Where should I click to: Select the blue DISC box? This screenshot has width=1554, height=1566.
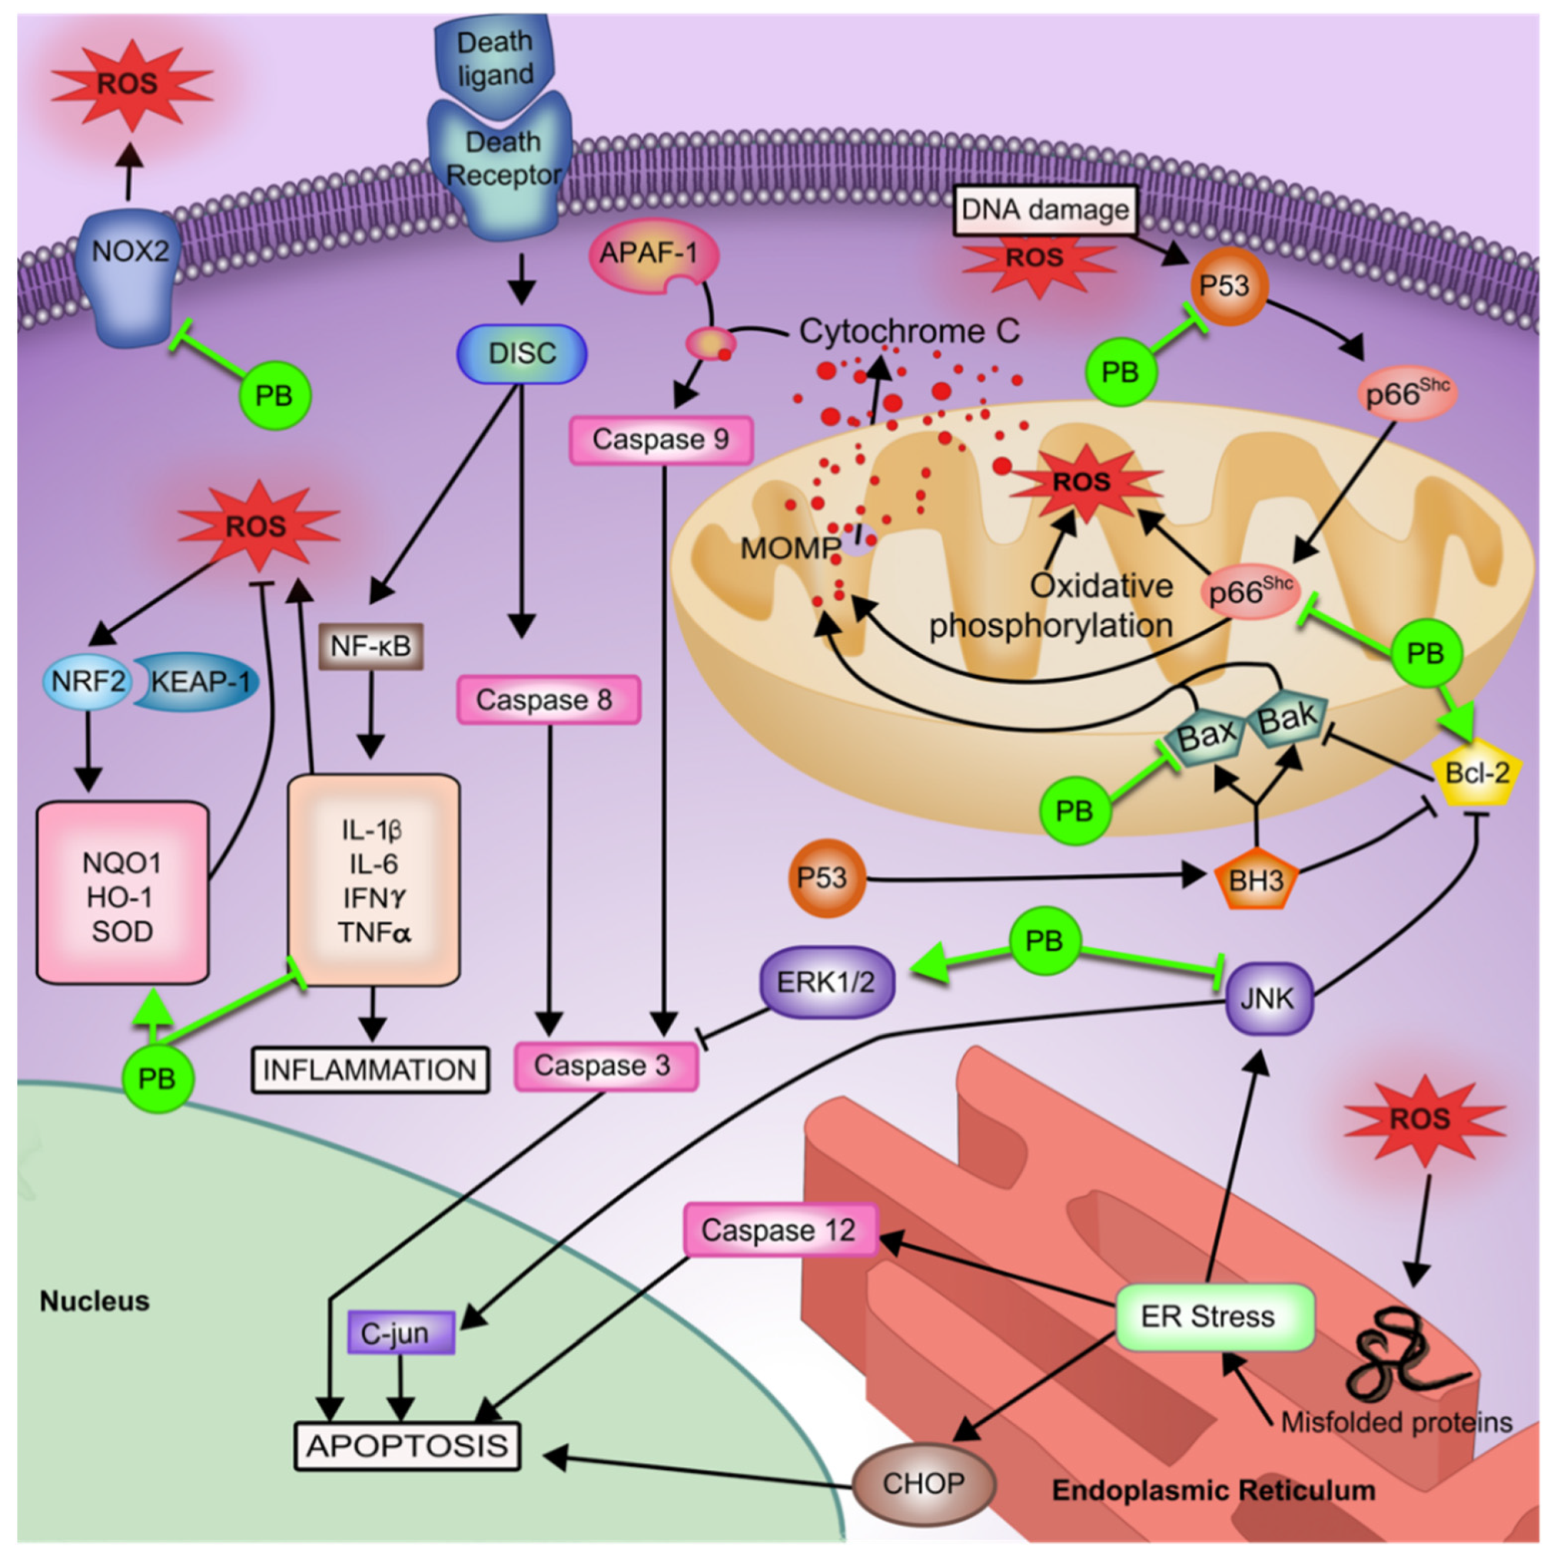[x=522, y=354]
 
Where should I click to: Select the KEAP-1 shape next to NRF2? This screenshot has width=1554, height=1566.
[x=199, y=682]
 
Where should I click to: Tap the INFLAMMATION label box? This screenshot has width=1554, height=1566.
[x=370, y=1070]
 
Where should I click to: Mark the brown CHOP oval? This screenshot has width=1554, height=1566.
[x=924, y=1483]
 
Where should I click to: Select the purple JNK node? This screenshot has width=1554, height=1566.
[x=1267, y=999]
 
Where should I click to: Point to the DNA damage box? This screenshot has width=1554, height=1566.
[x=1045, y=211]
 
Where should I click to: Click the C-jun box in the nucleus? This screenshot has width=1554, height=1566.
[x=399, y=1333]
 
